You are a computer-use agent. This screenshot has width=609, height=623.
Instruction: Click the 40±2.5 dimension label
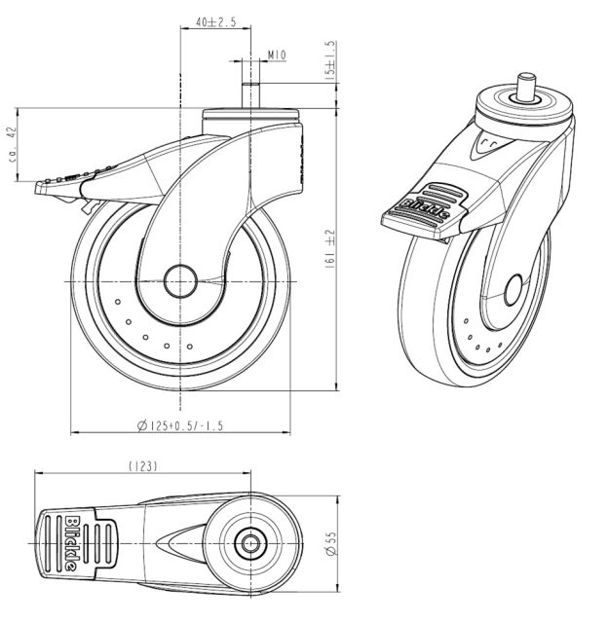[x=208, y=20]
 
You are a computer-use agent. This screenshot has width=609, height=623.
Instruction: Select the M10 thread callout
[x=275, y=56]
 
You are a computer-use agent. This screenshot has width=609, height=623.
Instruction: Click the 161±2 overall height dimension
[x=330, y=248]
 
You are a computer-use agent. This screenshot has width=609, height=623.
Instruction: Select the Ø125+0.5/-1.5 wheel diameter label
[x=182, y=424]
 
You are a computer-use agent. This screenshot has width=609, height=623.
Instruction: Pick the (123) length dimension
[x=143, y=466]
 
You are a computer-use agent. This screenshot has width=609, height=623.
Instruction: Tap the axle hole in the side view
[x=181, y=282]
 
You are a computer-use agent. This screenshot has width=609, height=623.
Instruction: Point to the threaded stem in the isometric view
[x=526, y=85]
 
